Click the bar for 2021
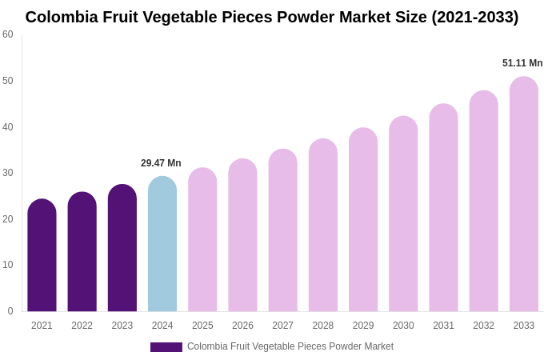pos(42,256)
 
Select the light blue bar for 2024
pos(162,245)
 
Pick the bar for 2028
pos(323,226)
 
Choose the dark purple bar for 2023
pos(122,249)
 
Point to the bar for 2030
pos(403,214)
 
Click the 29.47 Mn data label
pos(161,163)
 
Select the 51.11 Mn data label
pos(522,63)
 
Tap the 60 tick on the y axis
pos(8,34)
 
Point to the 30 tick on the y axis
pos(8,173)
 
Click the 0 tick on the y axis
pos(10,311)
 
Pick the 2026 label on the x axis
pos(242,326)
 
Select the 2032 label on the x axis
pos(483,326)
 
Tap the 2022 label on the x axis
pos(82,326)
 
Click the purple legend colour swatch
pos(166,347)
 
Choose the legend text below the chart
pos(290,346)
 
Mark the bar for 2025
pos(202,240)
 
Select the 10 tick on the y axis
pos(8,265)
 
